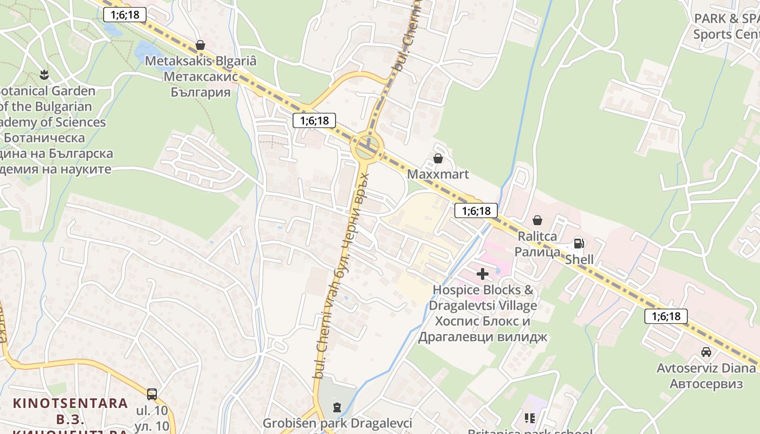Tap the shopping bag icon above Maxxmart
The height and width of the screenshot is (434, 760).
[x=438, y=158]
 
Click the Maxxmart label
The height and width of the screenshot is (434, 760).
[x=438, y=175]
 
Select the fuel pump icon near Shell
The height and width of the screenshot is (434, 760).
[x=579, y=244]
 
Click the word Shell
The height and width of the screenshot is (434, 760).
[x=579, y=259]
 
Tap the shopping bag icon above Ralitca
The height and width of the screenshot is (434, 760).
[x=537, y=220]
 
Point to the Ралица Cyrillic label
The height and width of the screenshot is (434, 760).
[x=537, y=252]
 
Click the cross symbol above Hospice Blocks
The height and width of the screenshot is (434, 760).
[x=482, y=274]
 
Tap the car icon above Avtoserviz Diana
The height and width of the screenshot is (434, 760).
[x=706, y=352]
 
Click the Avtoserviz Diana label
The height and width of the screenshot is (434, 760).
[x=706, y=368]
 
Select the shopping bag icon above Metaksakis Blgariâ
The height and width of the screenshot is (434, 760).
[x=200, y=45]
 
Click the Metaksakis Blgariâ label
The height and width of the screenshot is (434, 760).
[x=200, y=61]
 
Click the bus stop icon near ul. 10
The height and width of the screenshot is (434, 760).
[x=152, y=394]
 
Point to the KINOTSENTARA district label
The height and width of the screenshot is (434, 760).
[x=71, y=404]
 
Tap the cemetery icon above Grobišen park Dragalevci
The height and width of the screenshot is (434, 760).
[x=337, y=407]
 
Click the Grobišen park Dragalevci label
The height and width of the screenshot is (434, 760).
[x=337, y=423]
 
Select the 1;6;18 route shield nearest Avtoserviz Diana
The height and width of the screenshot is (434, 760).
[x=666, y=316]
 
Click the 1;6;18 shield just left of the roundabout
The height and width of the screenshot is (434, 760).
[x=314, y=120]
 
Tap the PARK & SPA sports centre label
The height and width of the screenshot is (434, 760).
[x=726, y=26]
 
